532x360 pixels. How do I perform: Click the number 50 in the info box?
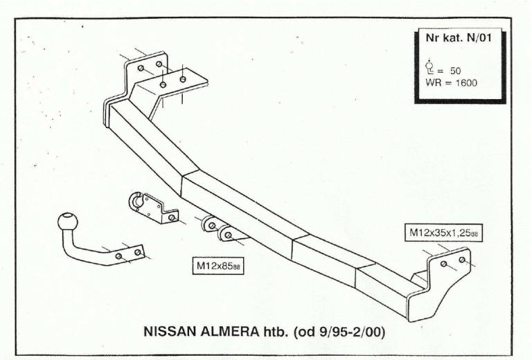coord(454,71)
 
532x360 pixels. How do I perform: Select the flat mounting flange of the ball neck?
coord(128,254)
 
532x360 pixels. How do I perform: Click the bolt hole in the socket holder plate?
coord(171,218)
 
